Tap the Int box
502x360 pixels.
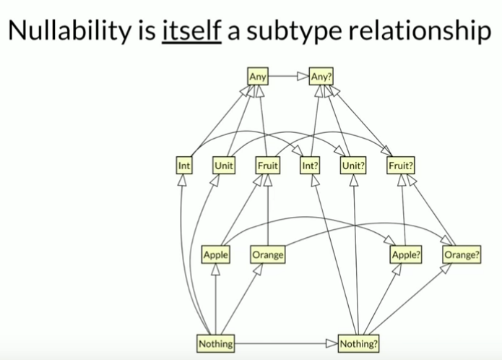(x=183, y=165)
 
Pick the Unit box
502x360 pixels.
(x=223, y=165)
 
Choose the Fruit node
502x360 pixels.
(x=268, y=165)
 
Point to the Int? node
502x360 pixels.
(x=311, y=165)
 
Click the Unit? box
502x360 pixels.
(x=353, y=165)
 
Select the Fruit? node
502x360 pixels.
(x=401, y=165)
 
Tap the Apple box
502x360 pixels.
(x=216, y=254)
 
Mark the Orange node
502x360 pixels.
(x=267, y=254)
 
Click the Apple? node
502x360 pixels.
(x=407, y=254)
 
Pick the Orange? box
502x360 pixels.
(x=462, y=254)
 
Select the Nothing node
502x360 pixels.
(x=216, y=344)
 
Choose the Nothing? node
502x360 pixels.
(x=358, y=344)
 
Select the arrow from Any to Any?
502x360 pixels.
(x=289, y=74)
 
